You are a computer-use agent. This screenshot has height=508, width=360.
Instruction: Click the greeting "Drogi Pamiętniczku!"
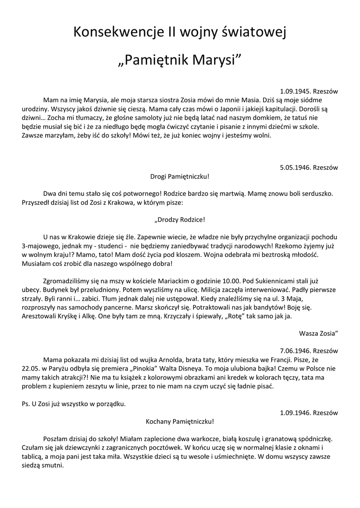pyautogui.click(x=180, y=176)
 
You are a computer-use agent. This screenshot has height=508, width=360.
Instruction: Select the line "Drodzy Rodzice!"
pyautogui.click(x=180, y=219)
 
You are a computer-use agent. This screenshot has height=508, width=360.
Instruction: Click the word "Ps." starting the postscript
pyautogui.click(x=28, y=404)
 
